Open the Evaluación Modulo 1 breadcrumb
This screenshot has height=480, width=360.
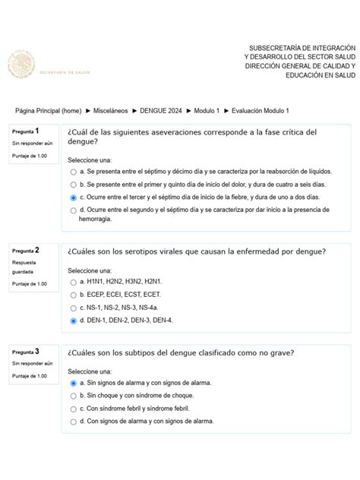tap(261, 111)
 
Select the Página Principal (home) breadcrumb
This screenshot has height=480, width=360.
tap(49, 111)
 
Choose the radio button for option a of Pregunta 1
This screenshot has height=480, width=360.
tap(73, 172)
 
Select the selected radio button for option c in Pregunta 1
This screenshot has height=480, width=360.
tap(73, 197)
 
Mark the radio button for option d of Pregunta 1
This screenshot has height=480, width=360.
tap(73, 209)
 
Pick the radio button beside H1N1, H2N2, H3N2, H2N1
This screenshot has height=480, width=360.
tap(73, 282)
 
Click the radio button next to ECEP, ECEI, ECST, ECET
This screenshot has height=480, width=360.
tap(73, 295)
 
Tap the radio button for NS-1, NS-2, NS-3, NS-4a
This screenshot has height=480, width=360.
tap(73, 308)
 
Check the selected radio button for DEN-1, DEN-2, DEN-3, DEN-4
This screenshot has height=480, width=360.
tap(73, 321)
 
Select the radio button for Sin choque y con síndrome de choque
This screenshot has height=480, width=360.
tap(73, 396)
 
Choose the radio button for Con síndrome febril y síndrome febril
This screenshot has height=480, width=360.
tap(73, 409)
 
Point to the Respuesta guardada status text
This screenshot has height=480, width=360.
tap(27, 267)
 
